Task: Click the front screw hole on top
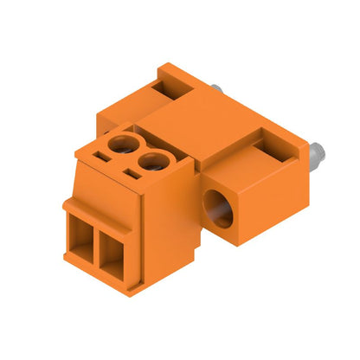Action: (152, 159)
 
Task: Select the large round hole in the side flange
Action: (217, 209)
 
